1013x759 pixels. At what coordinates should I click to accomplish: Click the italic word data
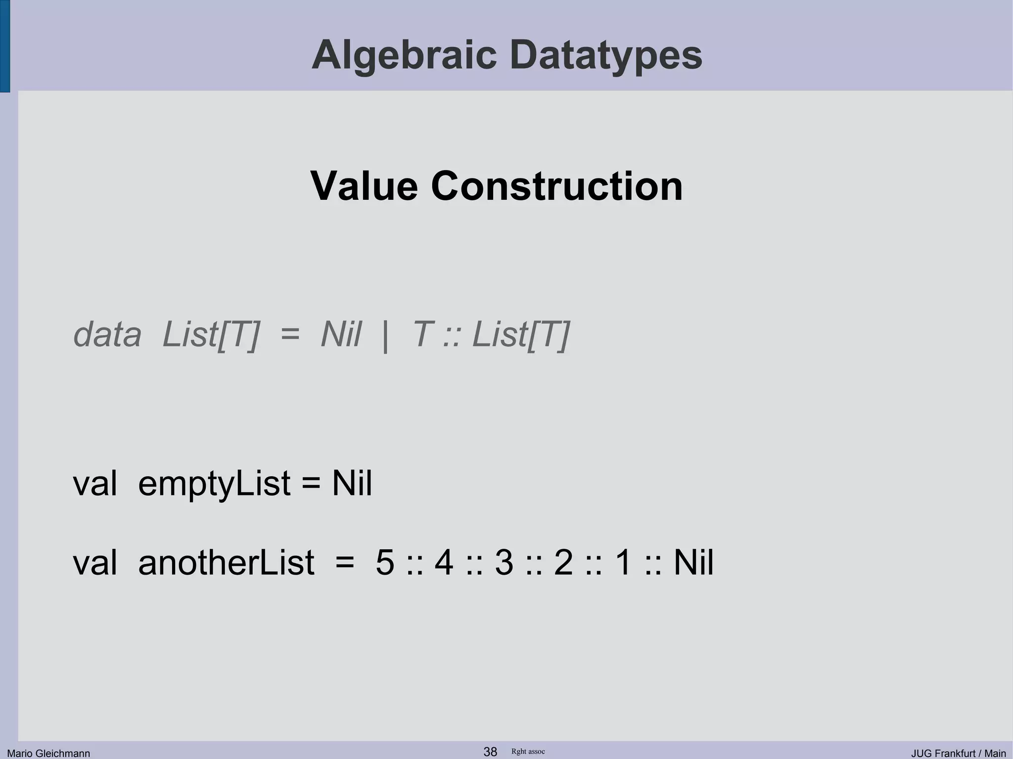[107, 335]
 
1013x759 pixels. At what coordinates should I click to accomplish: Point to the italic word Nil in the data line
[341, 335]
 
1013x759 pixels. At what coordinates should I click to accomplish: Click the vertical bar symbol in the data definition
[385, 336]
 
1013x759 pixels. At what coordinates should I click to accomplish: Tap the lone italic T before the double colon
[421, 335]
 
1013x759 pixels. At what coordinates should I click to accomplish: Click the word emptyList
[214, 483]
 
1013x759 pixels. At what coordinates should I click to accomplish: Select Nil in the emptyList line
[352, 483]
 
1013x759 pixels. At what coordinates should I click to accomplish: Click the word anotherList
[226, 563]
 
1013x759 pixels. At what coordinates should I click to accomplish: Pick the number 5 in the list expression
[385, 563]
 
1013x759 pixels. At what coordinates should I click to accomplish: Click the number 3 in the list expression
[504, 563]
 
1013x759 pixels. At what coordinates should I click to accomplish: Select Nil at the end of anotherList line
[693, 563]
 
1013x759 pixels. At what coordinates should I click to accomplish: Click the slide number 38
[490, 752]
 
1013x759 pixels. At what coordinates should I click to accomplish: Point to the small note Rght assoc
[528, 752]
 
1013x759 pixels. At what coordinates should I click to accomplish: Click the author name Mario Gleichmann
[48, 753]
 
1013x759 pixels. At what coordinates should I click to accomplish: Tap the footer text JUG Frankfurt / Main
[958, 753]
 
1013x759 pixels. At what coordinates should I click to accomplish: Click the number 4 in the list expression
[444, 563]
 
